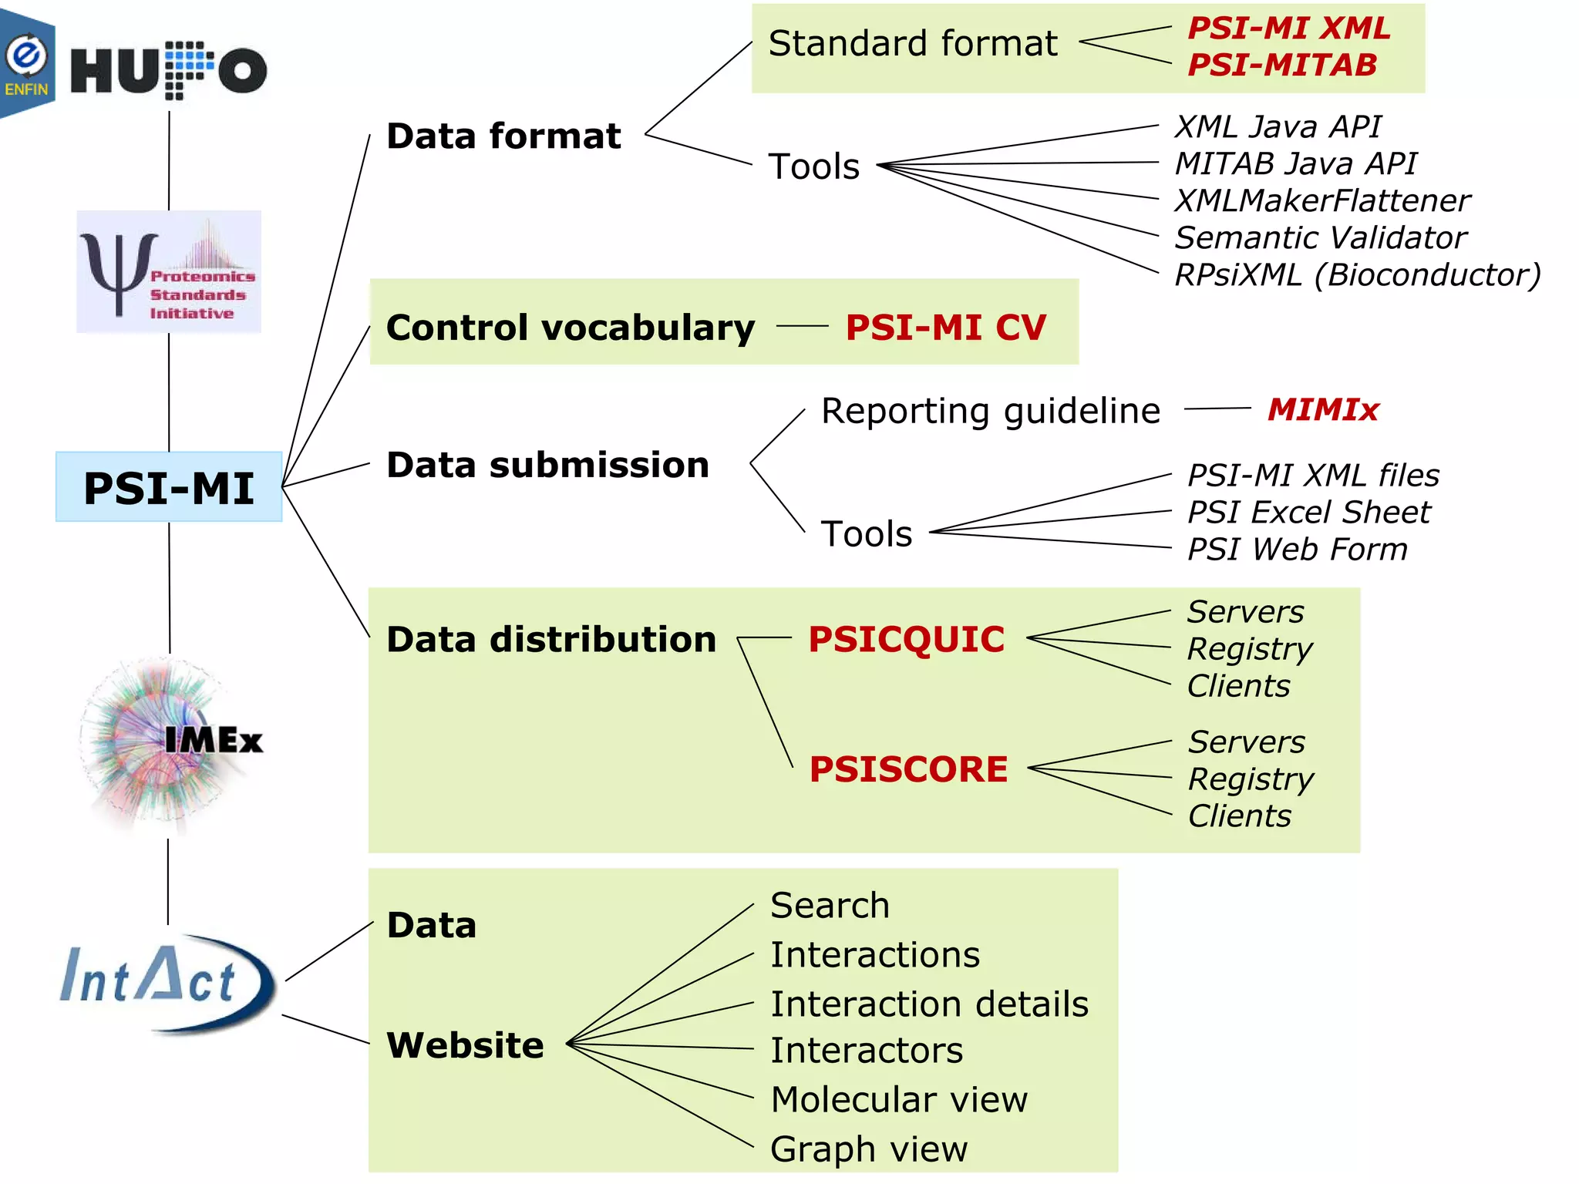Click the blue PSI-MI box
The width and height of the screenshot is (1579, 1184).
[x=169, y=487]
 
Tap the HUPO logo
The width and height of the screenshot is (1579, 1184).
[x=168, y=71]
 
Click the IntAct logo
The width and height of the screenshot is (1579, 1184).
[x=166, y=982]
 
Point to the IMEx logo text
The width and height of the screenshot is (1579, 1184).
[x=213, y=740]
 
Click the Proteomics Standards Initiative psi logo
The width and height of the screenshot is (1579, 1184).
[x=168, y=272]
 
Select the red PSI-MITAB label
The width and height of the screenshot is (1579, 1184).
[x=1281, y=65]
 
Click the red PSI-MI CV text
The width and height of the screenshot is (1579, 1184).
[x=945, y=327]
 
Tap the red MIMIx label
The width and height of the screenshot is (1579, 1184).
[x=1323, y=409]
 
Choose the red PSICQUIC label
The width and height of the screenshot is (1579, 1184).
[x=906, y=639]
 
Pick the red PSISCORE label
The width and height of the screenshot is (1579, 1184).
[x=908, y=769]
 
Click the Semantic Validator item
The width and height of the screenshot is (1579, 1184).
[x=1320, y=237]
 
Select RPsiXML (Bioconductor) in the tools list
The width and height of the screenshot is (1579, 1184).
[x=1357, y=274]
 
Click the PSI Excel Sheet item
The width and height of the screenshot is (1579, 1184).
[x=1308, y=512]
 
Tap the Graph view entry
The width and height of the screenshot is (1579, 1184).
[x=868, y=1149]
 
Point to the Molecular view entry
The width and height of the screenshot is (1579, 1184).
[x=899, y=1099]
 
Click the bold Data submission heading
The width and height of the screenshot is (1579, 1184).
[x=547, y=465]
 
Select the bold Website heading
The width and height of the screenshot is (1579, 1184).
[x=465, y=1045]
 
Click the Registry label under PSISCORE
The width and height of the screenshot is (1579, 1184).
[x=1251, y=779]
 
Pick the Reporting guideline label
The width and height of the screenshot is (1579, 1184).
[x=990, y=410]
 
